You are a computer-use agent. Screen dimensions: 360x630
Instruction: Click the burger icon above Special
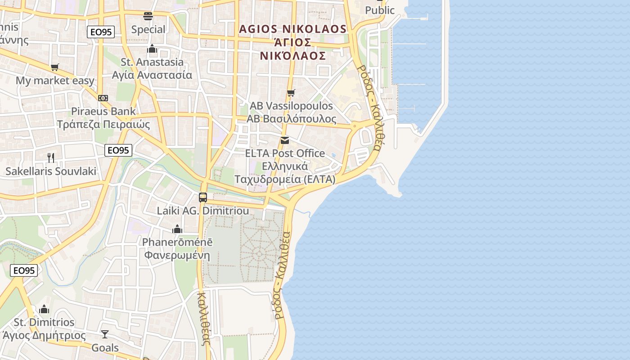[x=148, y=17]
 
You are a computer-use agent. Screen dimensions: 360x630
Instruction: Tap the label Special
[x=148, y=30]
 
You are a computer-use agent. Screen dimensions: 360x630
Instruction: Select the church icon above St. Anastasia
[x=152, y=49]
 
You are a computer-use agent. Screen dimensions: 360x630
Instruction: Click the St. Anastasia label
[x=152, y=62]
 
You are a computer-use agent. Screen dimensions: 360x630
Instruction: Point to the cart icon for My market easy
[x=55, y=67]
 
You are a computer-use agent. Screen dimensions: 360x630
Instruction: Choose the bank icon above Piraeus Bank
[x=103, y=98]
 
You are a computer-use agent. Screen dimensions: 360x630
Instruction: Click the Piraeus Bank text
[x=103, y=111]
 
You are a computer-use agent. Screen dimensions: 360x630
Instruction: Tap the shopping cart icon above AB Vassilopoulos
[x=291, y=93]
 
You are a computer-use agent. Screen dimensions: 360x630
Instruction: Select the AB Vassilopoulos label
[x=291, y=106]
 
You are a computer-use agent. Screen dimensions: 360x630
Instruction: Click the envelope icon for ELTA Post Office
[x=285, y=140]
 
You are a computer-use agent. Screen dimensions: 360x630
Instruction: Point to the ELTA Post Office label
[x=285, y=153]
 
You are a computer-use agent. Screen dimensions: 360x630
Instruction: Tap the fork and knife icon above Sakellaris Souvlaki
[x=51, y=158]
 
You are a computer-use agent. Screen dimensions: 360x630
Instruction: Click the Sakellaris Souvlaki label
[x=51, y=171]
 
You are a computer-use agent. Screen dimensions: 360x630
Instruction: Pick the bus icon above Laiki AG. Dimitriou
[x=203, y=197]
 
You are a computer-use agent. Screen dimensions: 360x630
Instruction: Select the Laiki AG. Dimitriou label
[x=203, y=211]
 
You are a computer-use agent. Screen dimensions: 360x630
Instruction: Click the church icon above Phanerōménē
[x=177, y=229]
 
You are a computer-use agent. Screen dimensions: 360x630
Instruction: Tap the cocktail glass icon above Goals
[x=105, y=334]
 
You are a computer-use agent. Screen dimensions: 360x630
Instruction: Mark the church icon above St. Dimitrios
[x=44, y=309]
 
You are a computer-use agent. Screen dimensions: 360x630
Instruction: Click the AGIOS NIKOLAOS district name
[x=293, y=29]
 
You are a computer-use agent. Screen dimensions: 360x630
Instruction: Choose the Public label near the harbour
[x=380, y=10]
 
